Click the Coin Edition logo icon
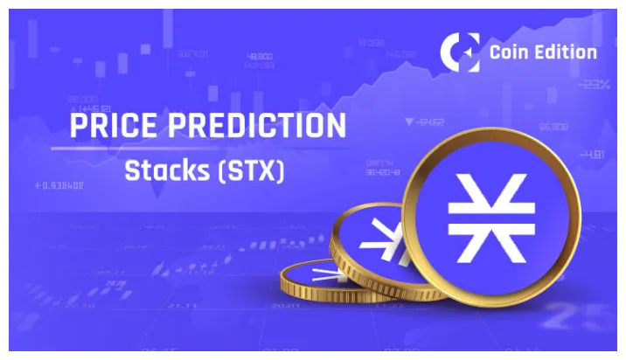point(460,52)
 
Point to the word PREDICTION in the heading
point(268,126)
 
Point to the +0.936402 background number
point(59,185)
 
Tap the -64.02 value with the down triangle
point(430,121)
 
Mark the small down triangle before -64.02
point(408,121)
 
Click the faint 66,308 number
point(553,126)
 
